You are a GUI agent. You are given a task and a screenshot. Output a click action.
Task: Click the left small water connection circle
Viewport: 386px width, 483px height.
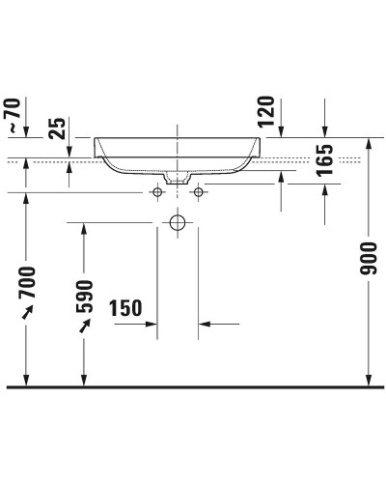pos(154,193)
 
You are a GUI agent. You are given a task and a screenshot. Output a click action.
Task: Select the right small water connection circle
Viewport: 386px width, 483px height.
pos(199,193)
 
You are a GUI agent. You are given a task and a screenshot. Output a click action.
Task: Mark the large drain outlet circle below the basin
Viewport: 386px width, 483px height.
pos(177,223)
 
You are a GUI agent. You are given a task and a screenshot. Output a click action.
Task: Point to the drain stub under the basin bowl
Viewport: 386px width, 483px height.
pos(177,180)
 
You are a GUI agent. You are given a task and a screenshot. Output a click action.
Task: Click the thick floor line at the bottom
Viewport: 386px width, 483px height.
pos(193,387)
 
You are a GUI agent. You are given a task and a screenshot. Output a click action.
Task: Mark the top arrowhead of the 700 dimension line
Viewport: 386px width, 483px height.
pos(27,199)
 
